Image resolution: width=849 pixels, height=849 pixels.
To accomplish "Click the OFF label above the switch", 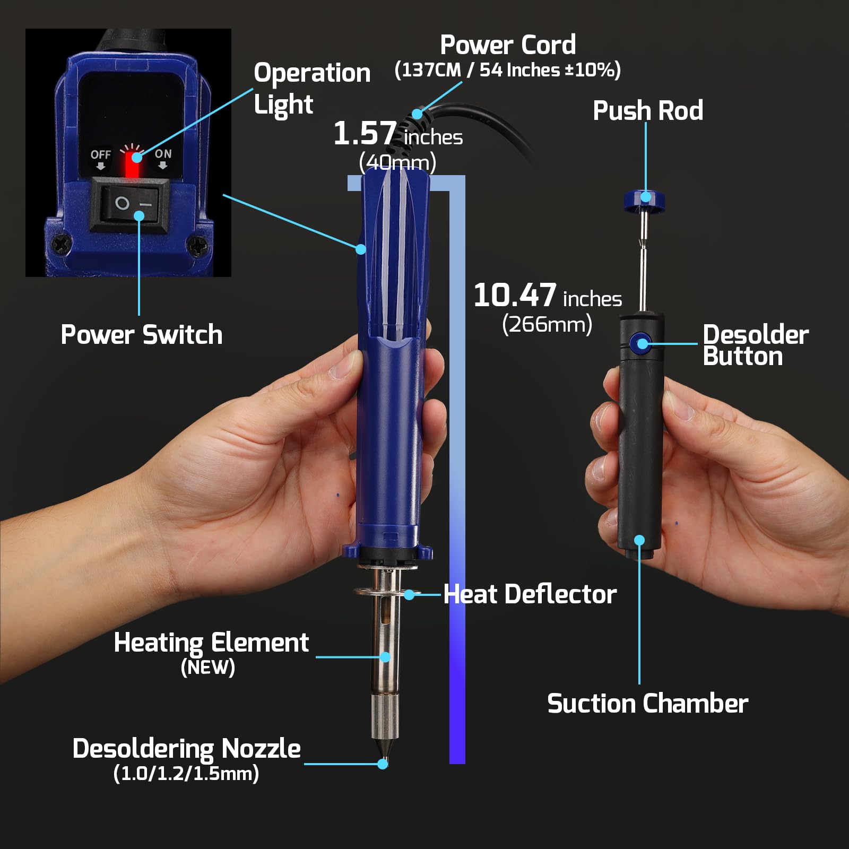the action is (101, 154).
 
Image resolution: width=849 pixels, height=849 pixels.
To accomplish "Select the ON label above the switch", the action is (163, 154).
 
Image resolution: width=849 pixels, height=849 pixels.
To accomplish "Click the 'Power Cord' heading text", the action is (508, 45).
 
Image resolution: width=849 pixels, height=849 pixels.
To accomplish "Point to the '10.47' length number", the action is (515, 295).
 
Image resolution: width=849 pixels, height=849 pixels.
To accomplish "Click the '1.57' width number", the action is (365, 133).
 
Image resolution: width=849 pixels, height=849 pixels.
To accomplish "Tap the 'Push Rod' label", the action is (648, 110).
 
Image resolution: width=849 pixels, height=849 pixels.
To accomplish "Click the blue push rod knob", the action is (645, 201).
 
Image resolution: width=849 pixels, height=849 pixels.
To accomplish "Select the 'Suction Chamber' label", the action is (648, 704).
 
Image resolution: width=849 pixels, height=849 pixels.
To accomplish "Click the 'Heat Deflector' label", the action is (530, 594).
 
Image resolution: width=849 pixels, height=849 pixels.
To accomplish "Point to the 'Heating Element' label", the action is (211, 643).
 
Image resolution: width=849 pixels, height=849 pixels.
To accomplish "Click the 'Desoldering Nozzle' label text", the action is (186, 749).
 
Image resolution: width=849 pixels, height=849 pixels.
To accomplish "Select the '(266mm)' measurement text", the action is (547, 324).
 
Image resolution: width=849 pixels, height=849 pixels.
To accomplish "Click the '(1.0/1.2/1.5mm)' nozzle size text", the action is (186, 774).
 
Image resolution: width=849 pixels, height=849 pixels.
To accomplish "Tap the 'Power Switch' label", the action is (142, 335).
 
